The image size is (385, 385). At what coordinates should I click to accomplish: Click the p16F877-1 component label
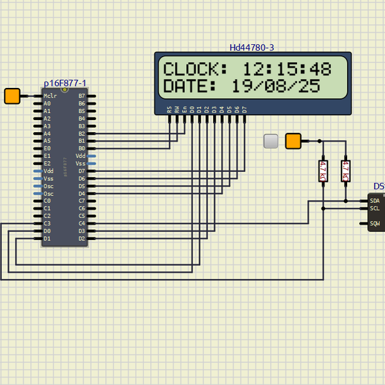click(65, 83)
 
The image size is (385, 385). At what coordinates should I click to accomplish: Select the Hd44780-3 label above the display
click(252, 47)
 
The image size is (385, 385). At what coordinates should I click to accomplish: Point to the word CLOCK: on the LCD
click(195, 69)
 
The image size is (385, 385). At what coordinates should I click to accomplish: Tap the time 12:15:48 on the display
click(286, 69)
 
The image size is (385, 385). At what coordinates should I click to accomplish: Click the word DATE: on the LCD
click(191, 86)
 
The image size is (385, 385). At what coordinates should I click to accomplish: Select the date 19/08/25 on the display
click(276, 86)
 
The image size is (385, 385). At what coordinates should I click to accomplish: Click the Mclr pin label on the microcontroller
click(50, 96)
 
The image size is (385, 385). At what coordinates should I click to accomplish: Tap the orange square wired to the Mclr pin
click(12, 96)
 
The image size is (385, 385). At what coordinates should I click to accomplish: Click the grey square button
click(271, 141)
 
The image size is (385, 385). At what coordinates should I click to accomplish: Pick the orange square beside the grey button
click(293, 141)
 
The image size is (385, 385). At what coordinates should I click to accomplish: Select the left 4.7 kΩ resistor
click(323, 171)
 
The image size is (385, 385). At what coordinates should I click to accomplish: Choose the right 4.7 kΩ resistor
click(345, 171)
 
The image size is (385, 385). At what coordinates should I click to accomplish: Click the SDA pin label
click(375, 201)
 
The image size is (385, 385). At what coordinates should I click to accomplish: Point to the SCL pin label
click(375, 209)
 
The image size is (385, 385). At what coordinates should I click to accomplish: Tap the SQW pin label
click(375, 224)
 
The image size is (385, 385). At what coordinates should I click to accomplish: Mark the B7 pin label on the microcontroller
click(81, 96)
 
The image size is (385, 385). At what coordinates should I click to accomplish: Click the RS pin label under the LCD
click(169, 110)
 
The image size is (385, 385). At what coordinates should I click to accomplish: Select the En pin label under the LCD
click(185, 110)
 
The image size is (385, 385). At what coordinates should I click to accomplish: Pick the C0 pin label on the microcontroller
click(47, 201)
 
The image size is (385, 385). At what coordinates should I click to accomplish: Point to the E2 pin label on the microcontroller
click(47, 164)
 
